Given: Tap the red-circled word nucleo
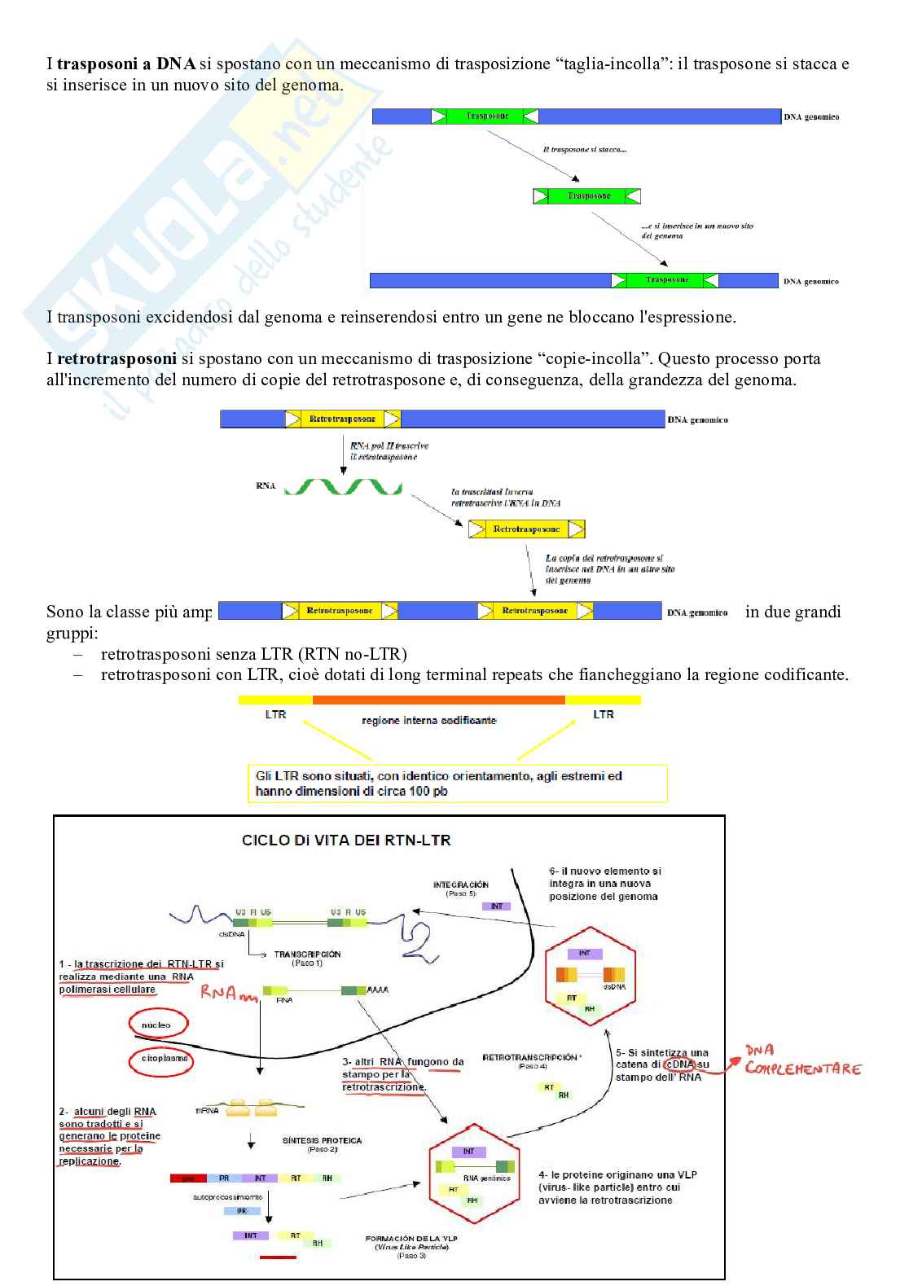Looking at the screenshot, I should click(157, 1025).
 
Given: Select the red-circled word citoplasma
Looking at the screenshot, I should click(163, 1060).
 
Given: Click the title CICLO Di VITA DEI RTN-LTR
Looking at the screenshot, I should click(346, 840).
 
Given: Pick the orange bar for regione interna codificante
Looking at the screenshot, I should click(438, 700).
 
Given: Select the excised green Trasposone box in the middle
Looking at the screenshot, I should click(587, 196).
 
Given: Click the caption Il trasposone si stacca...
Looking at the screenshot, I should click(584, 150).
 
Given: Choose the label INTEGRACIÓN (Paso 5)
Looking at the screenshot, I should click(461, 889).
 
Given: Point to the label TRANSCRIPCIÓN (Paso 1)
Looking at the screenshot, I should click(307, 958).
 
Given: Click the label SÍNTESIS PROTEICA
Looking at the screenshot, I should click(322, 1141).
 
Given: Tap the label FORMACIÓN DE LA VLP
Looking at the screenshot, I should click(411, 1239).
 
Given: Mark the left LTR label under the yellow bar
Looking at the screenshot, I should click(275, 714).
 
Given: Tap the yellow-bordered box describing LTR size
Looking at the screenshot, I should click(457, 783).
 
